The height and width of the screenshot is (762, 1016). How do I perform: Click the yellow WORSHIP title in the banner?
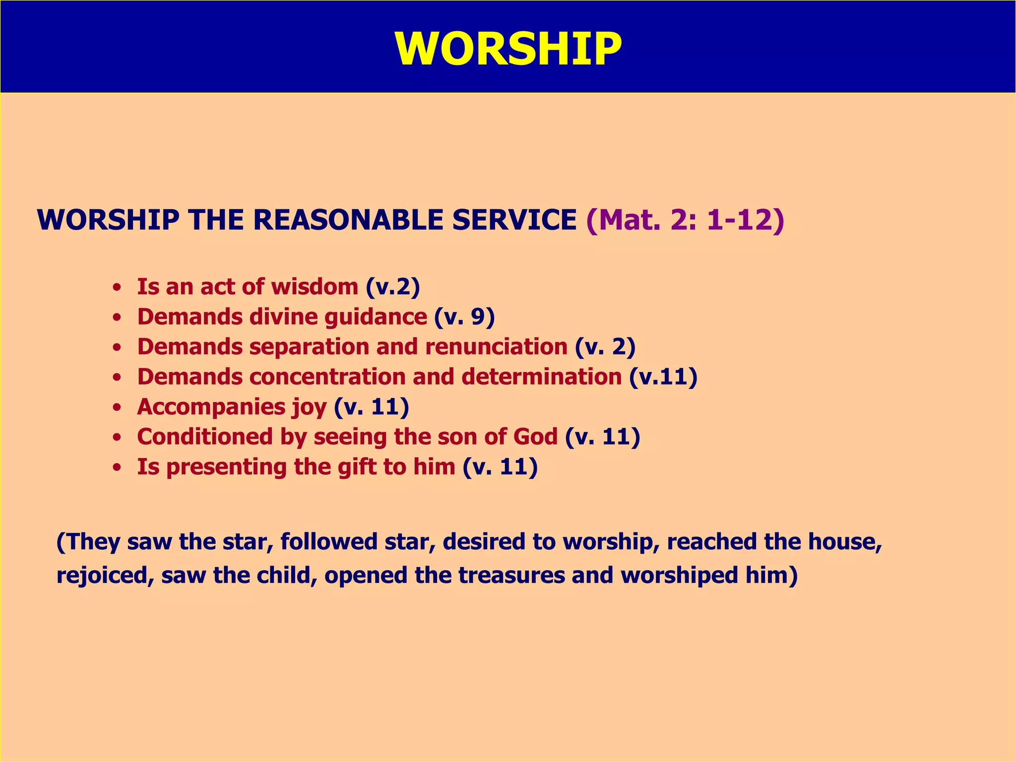pos(508,49)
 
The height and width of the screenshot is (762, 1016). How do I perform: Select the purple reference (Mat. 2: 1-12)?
pos(685,220)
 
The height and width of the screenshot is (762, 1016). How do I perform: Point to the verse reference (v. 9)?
pos(464,317)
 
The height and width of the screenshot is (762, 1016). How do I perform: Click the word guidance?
pos(376,317)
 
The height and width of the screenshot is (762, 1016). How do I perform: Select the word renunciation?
pos(496,347)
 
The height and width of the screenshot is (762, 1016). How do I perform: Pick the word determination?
pos(542,377)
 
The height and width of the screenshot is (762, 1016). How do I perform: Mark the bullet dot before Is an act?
pos(117,288)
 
